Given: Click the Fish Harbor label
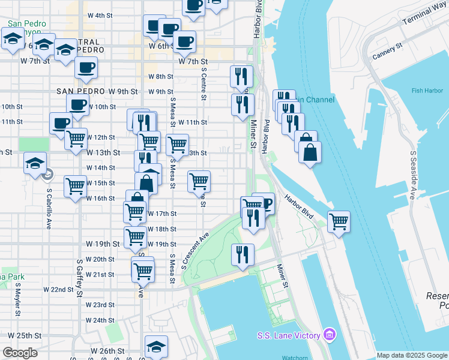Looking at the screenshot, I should coord(426,91).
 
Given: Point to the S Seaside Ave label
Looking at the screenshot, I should coord(414,175).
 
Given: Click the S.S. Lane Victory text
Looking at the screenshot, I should coord(288,335).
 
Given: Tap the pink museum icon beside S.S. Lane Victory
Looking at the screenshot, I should coord(329,334).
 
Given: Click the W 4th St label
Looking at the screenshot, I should coord(100,15).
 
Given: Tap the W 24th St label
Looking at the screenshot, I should coord(100,320).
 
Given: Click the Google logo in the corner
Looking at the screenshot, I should coord(20,353).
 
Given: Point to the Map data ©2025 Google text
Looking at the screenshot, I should coord(412,355).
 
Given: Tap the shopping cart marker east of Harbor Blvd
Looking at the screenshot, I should coord(339,221).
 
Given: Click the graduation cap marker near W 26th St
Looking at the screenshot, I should coord(156,346).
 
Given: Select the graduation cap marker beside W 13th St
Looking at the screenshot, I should coord(35,163).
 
